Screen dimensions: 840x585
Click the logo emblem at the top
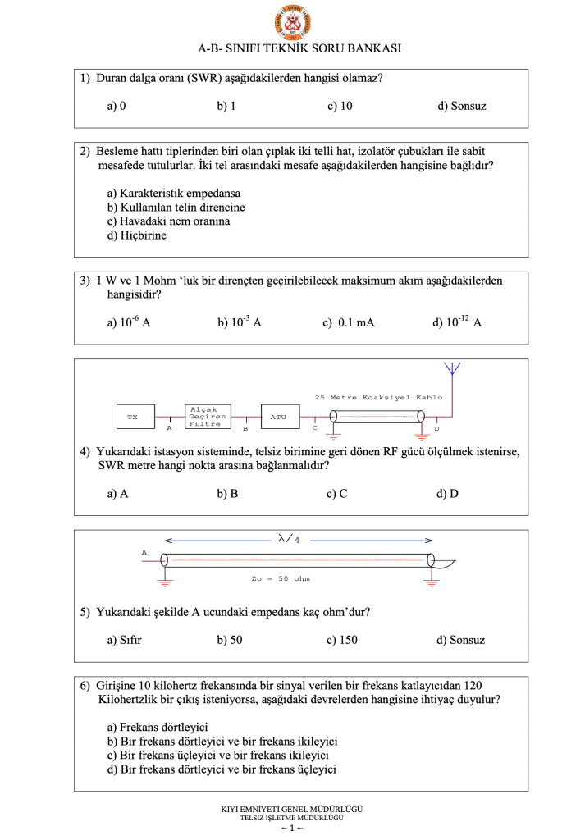(293, 23)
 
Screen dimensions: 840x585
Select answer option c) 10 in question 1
(340, 107)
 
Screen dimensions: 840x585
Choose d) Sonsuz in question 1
(462, 107)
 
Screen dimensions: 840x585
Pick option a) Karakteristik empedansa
(169, 194)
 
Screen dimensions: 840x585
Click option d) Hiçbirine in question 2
(137, 235)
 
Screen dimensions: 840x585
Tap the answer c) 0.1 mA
(349, 323)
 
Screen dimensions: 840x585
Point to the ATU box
(278, 418)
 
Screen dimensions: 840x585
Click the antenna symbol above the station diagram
(450, 370)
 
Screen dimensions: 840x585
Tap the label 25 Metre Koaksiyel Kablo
(378, 398)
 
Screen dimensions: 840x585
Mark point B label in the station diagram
(245, 429)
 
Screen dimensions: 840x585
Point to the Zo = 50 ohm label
(281, 579)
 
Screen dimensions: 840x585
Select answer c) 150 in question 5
(342, 640)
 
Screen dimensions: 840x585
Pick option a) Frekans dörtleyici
(158, 727)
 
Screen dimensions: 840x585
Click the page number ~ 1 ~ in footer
(292, 829)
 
